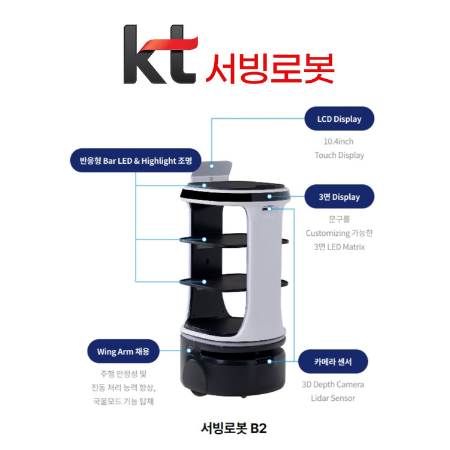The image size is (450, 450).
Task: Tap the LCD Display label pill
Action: coord(339,119)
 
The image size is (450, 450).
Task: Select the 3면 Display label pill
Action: coord(339,197)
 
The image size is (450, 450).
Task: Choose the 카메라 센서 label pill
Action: coord(332,362)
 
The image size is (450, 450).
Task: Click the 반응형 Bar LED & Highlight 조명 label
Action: coord(133,160)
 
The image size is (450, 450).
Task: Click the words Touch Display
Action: coord(339,155)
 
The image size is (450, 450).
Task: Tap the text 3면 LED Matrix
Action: coord(339,246)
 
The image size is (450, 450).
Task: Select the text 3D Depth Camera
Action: coord(332,385)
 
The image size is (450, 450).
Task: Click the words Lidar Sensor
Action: coord(332,398)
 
